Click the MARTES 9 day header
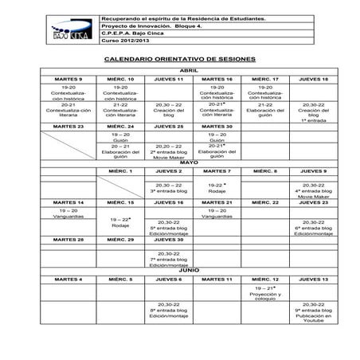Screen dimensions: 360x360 pos(68,80)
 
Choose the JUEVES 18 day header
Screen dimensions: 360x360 pos(313,80)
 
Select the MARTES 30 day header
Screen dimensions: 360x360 pos(217,127)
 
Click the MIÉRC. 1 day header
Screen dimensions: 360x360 pos(119,171)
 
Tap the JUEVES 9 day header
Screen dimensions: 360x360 pos(313,171)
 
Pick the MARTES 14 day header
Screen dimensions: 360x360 pos(68,202)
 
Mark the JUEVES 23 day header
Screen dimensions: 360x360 pos(313,202)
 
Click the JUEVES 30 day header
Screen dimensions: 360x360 pos(168,239)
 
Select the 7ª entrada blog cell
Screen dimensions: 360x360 pos(168,260)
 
